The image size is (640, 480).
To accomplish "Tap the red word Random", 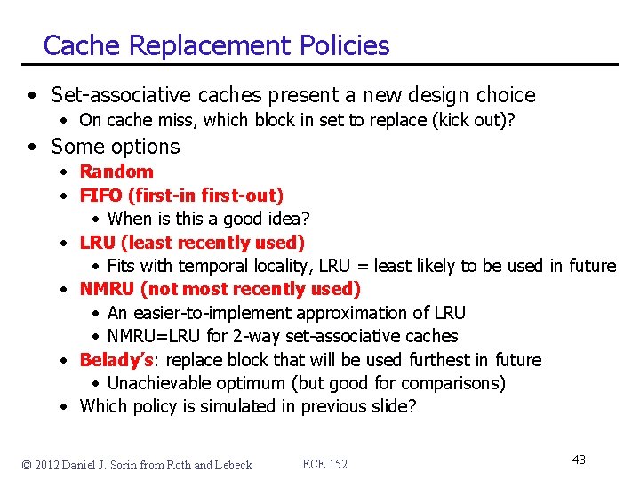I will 116,172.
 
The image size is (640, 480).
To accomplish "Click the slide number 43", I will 579,460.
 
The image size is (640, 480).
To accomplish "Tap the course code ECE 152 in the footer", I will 325,464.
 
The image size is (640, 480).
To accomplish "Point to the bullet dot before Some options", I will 31,148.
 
